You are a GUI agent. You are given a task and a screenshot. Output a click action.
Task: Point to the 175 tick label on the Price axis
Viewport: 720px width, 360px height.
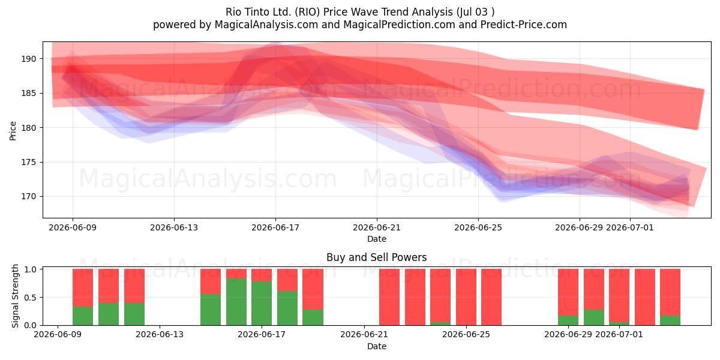pyautogui.click(x=29, y=163)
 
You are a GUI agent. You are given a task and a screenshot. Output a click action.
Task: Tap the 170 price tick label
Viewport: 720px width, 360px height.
pyautogui.click(x=29, y=196)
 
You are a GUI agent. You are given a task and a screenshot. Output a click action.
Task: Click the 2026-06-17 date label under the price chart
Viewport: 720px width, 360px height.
pyautogui.click(x=275, y=227)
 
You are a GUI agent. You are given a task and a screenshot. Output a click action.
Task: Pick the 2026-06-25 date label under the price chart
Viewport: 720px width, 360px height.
pyautogui.click(x=478, y=227)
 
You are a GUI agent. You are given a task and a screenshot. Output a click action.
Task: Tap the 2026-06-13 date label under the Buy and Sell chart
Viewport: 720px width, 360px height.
pyautogui.click(x=160, y=334)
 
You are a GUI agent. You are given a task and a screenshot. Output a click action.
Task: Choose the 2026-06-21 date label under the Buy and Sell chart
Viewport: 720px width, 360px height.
pyautogui.click(x=364, y=334)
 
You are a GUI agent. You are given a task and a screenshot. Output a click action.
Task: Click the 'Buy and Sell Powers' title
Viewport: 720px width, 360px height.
pyautogui.click(x=377, y=257)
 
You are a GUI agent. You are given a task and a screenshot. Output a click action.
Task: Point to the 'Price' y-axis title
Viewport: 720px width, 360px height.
pyautogui.click(x=13, y=131)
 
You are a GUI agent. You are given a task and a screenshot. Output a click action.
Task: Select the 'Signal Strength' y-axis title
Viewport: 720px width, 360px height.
pyautogui.click(x=15, y=296)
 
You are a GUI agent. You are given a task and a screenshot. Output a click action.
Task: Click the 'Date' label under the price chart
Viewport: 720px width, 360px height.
pyautogui.click(x=377, y=239)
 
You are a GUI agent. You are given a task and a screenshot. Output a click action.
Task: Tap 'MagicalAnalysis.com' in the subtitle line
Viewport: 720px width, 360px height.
pyautogui.click(x=266, y=25)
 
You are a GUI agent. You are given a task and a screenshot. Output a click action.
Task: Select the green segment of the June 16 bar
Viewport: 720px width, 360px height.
pyautogui.click(x=236, y=302)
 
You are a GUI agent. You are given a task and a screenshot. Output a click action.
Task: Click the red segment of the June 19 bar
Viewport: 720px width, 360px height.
pyautogui.click(x=313, y=289)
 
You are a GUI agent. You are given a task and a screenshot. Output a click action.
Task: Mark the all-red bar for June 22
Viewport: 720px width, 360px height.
pyautogui.click(x=389, y=297)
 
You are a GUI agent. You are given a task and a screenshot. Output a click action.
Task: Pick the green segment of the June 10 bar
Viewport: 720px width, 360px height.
pyautogui.click(x=83, y=316)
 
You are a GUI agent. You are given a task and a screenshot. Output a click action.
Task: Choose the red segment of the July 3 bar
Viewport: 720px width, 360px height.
pyautogui.click(x=670, y=292)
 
